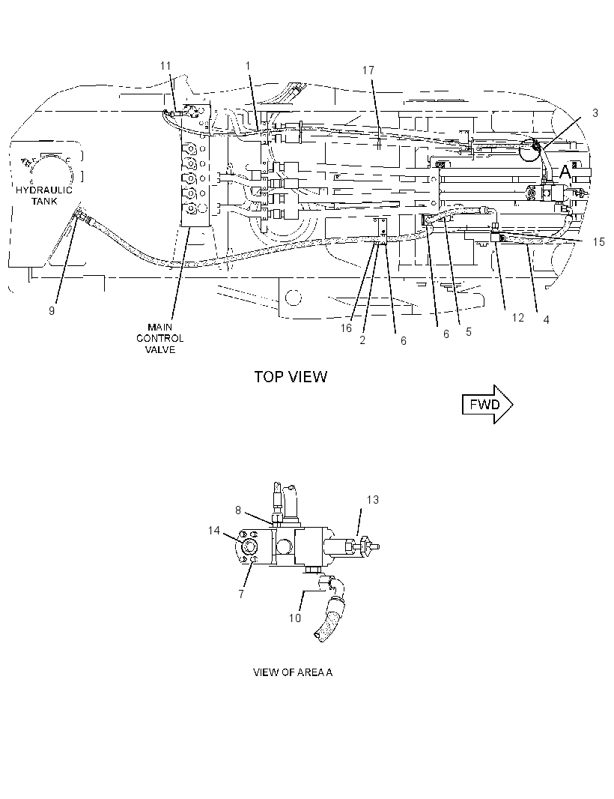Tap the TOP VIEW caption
click(291, 377)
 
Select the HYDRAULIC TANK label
click(43, 196)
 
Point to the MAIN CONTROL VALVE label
click(159, 338)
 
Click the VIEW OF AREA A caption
click(293, 672)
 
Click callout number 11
click(165, 66)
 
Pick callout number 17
click(368, 70)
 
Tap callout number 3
click(595, 113)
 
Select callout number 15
click(599, 242)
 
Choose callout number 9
click(52, 310)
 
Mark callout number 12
click(517, 318)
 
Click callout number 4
click(547, 320)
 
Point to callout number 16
click(346, 329)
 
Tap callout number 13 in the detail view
click(373, 500)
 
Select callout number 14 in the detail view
click(214, 531)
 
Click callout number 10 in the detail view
click(295, 618)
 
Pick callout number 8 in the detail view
click(238, 510)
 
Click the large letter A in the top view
click(565, 172)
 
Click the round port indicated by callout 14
click(249, 546)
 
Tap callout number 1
click(248, 66)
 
